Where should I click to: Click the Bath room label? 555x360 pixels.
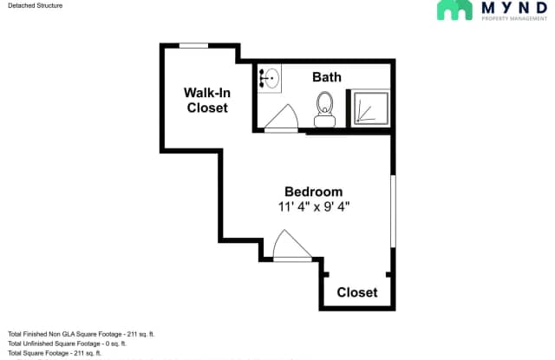pos(327,77)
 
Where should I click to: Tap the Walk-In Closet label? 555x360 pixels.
pos(207,100)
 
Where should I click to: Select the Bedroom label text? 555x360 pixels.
pos(314,192)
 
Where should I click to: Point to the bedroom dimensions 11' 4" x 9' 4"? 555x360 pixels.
pos(314,206)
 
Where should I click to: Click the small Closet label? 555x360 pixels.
pos(357,292)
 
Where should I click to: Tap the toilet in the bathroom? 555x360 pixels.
pos(324,109)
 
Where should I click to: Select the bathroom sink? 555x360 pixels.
pos(270,78)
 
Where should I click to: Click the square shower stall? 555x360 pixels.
pos(370,108)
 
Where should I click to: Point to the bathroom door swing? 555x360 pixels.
pos(282,118)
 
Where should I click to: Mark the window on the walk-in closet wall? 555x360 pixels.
pos(193,46)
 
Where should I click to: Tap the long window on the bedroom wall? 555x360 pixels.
pos(393,211)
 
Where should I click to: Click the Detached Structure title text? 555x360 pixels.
pos(35,6)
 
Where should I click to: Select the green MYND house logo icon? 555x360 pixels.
pos(454,10)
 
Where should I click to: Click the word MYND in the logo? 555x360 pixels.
pos(514,8)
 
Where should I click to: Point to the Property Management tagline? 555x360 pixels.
pos(514,18)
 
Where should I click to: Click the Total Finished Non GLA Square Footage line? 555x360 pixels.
pos(82,334)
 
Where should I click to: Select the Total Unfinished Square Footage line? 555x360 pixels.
pos(68,344)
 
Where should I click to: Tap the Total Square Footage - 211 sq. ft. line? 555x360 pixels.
pos(55,353)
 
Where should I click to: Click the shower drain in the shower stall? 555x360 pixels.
pos(358,121)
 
